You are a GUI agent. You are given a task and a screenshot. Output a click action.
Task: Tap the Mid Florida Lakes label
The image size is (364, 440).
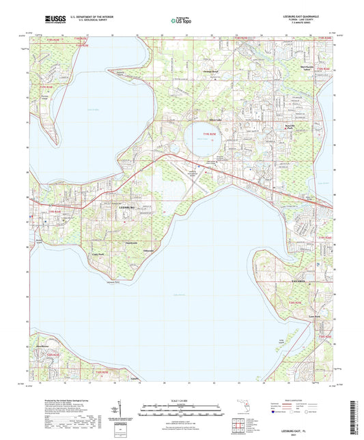(x=311, y=69)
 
